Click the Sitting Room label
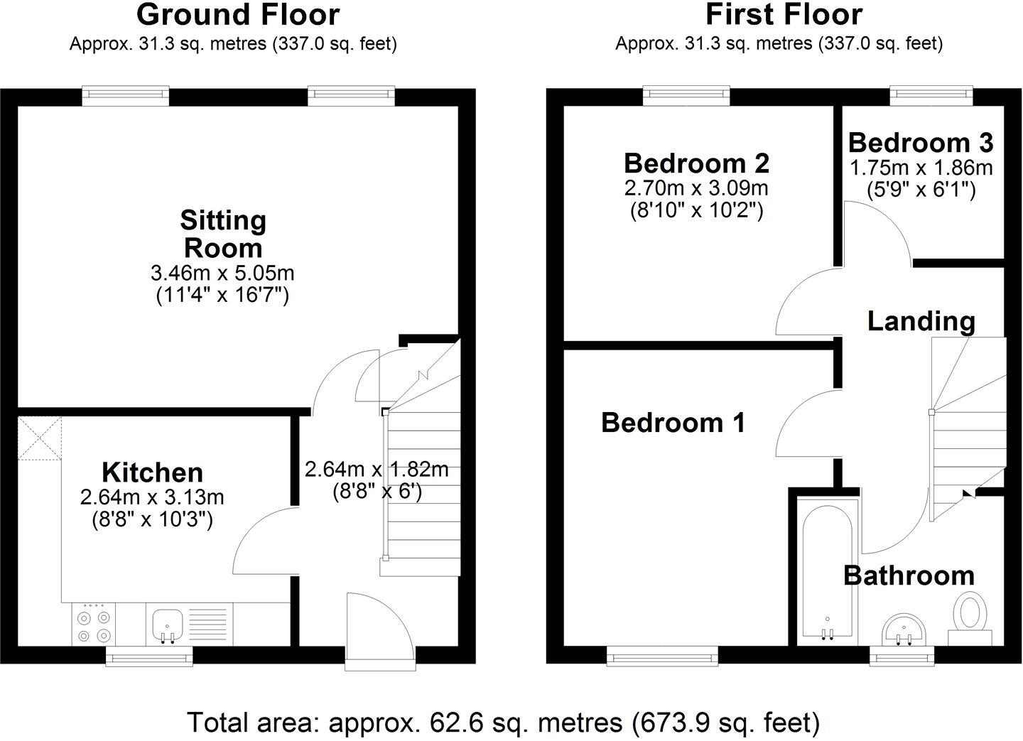click(x=222, y=234)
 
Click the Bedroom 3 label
click(x=921, y=143)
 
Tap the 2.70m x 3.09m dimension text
click(x=696, y=188)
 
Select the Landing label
click(x=921, y=321)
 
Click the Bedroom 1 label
click(x=673, y=423)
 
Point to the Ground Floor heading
click(x=238, y=14)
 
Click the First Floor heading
click(x=784, y=14)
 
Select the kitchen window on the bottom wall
click(x=149, y=658)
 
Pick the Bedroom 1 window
click(x=662, y=658)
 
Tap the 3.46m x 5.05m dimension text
click(x=222, y=272)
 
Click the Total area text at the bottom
click(x=503, y=723)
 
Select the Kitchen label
click(x=152, y=472)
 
